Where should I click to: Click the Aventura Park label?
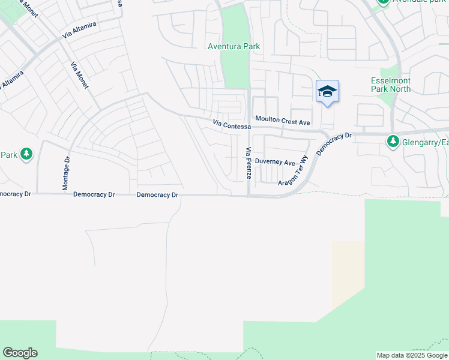[x=229, y=46]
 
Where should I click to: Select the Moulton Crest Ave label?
[x=282, y=121]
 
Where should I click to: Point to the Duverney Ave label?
[x=275, y=162]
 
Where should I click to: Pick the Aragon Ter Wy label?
[x=293, y=169]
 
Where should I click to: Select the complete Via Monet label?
[x=79, y=76]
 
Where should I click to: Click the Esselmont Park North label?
[x=391, y=84]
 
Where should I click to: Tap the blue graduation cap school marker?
[x=327, y=92]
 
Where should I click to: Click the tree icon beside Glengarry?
[x=393, y=141]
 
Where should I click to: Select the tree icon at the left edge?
[x=26, y=155]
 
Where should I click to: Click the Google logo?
[x=20, y=353]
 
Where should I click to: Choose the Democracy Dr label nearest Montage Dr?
[x=94, y=195]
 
